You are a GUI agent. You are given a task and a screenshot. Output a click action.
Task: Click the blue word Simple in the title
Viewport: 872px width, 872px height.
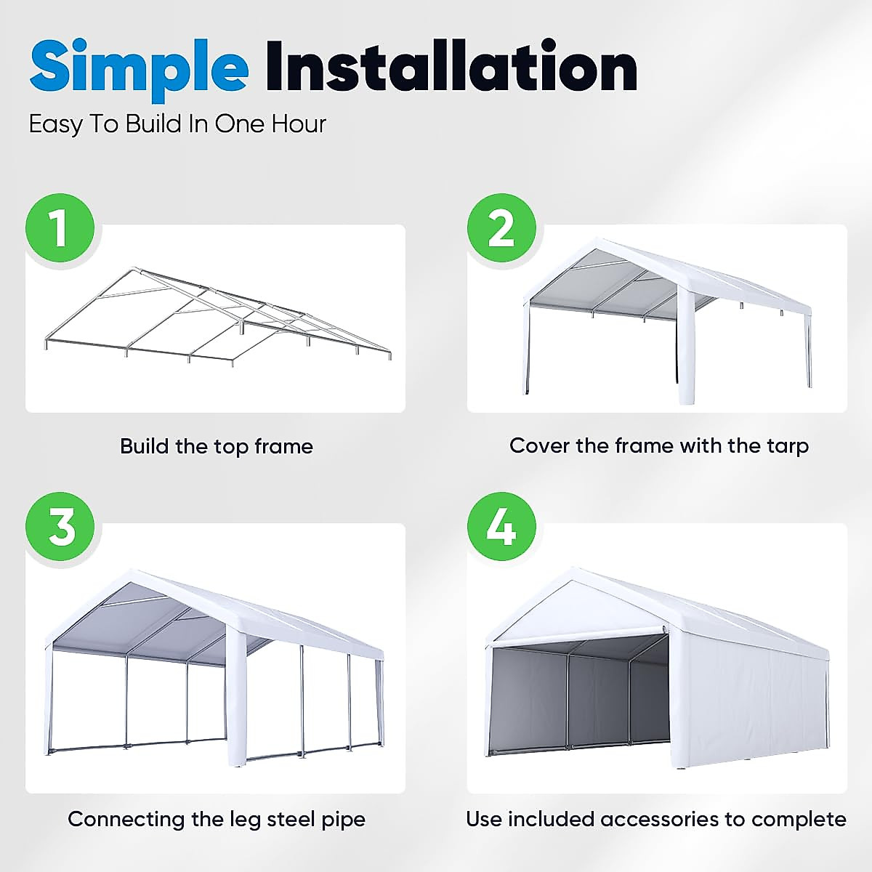point(138,68)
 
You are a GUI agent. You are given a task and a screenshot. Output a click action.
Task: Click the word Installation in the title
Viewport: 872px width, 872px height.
point(451,68)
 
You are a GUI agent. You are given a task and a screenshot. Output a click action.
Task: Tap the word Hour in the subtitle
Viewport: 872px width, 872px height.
point(299,124)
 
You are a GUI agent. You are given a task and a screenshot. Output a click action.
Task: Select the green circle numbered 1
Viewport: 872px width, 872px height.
point(60,227)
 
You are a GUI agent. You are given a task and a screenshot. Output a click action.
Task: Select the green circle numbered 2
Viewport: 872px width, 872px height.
point(501,227)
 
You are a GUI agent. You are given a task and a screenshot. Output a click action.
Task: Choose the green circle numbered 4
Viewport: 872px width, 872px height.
point(501,526)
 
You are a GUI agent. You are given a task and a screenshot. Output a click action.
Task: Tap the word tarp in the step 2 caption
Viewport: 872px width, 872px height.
point(787,446)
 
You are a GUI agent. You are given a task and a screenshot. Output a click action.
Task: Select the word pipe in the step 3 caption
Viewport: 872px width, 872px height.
point(343,820)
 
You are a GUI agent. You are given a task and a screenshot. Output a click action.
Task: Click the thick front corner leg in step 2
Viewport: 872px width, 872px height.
point(687,349)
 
